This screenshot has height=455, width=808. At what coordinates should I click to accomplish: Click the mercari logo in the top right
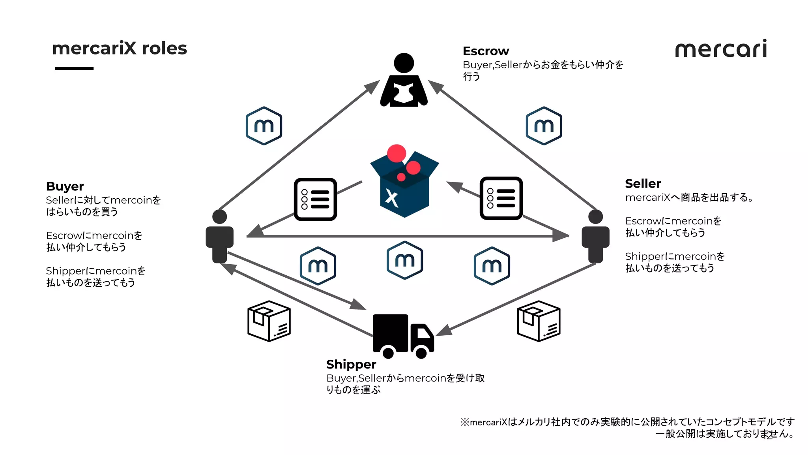[721, 49]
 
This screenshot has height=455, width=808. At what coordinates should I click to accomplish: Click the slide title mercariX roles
[119, 49]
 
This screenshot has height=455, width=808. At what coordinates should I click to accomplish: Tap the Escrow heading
[486, 51]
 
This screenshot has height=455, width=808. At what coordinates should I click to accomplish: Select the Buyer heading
[65, 186]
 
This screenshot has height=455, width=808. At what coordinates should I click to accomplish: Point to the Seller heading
[643, 184]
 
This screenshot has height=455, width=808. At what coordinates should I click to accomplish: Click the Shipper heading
[351, 364]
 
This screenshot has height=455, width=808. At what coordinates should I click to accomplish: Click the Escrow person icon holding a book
[404, 81]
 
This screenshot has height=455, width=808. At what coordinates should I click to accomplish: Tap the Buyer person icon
[220, 236]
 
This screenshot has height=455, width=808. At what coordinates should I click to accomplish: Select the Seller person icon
[595, 236]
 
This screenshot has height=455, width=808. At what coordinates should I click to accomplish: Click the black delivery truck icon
[402, 335]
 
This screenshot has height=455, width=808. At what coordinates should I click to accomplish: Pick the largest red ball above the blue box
[397, 153]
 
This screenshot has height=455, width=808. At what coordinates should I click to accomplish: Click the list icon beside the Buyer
[315, 199]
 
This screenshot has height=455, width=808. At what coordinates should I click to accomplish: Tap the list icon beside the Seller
[501, 198]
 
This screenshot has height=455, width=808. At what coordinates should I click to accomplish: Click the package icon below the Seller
[539, 321]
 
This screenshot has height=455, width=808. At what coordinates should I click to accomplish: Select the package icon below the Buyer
[269, 321]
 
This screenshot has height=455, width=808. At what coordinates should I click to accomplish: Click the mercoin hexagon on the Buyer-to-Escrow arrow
[264, 126]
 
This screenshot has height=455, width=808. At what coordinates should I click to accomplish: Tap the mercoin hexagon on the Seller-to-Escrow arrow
[544, 126]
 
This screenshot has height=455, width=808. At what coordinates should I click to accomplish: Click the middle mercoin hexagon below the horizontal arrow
[405, 260]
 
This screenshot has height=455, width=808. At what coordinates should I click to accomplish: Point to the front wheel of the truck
[421, 352]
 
